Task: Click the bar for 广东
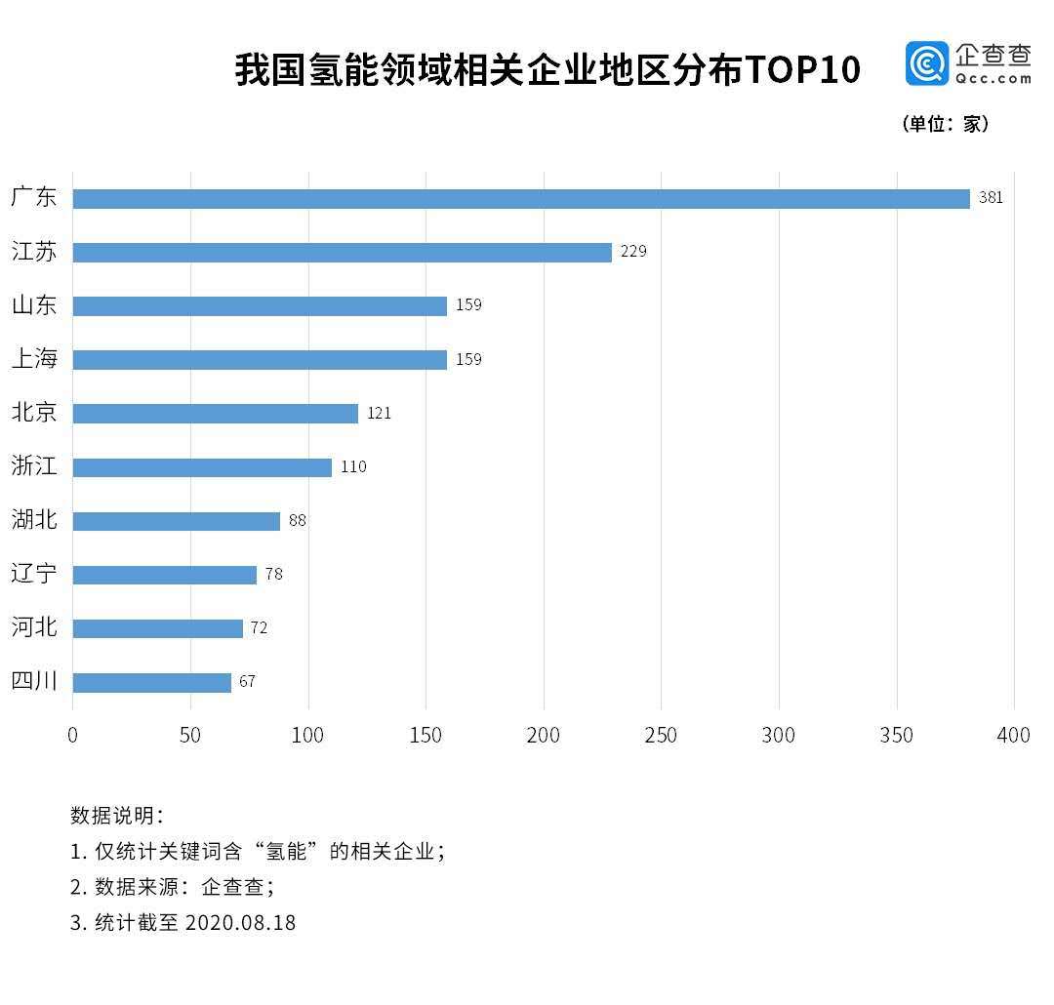pyautogui.click(x=521, y=199)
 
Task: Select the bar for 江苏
pyautogui.click(x=342, y=253)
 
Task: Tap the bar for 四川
pyautogui.click(x=151, y=682)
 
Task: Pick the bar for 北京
pyautogui.click(x=215, y=414)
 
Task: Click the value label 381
pyautogui.click(x=991, y=198)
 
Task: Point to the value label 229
pyautogui.click(x=633, y=252)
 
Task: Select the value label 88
pyautogui.click(x=297, y=521)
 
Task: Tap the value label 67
pyautogui.click(x=247, y=682)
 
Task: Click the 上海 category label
pyautogui.click(x=34, y=359)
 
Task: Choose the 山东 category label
pyautogui.click(x=34, y=305)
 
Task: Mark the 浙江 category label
pyautogui.click(x=34, y=466)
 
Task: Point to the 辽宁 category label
pyautogui.click(x=34, y=574)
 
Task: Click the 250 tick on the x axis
pyautogui.click(x=661, y=736)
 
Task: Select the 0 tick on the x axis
pyautogui.click(x=72, y=736)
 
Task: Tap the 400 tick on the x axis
pyautogui.click(x=1014, y=736)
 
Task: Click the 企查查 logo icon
pyautogui.click(x=926, y=64)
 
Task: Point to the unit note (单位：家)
pyautogui.click(x=945, y=125)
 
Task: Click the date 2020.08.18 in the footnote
pyautogui.click(x=239, y=922)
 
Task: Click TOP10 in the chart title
pyautogui.click(x=803, y=70)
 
